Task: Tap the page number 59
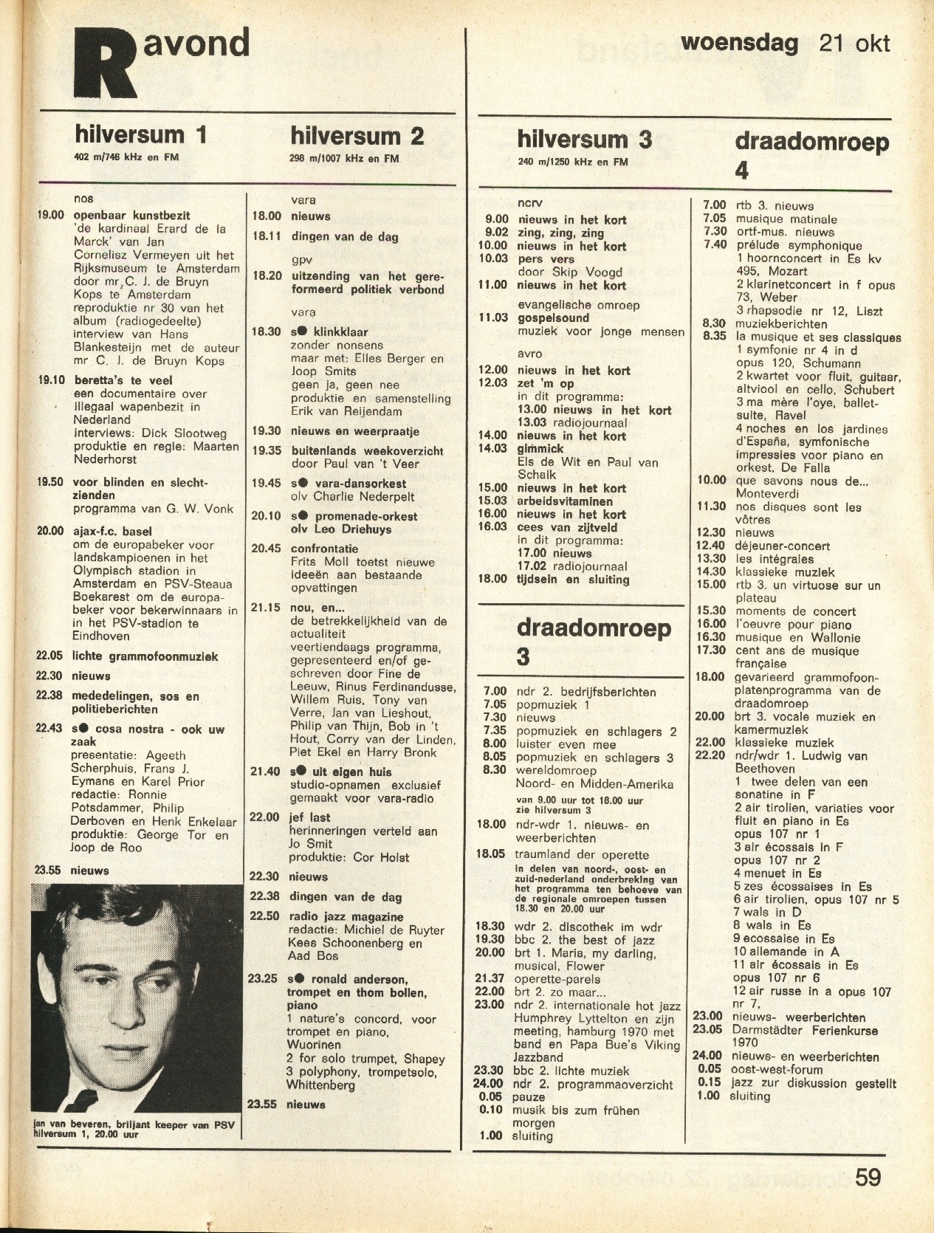point(868,1176)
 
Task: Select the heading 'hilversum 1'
point(140,134)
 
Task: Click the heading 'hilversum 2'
point(357,136)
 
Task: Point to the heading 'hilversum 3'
point(584,140)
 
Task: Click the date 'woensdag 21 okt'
point(785,43)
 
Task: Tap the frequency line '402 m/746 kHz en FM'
point(126,157)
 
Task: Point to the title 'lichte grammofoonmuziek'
point(145,656)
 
